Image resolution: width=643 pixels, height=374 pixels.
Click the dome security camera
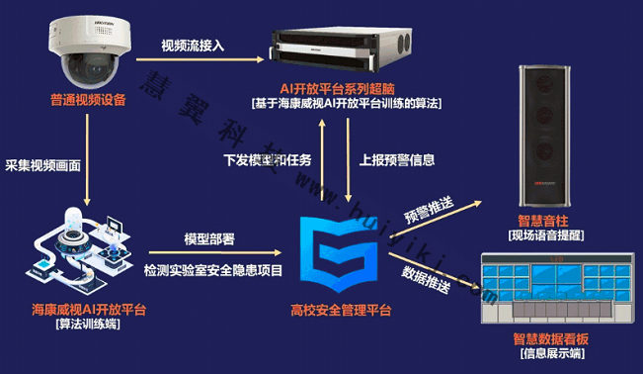(x=88, y=54)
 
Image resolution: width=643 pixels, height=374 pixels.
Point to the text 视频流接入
(x=194, y=45)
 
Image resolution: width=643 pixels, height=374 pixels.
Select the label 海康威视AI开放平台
(x=88, y=310)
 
